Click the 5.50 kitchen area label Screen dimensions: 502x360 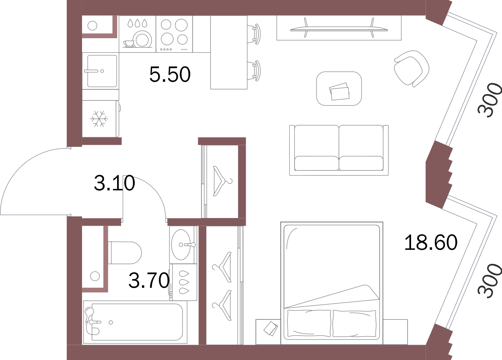click(170, 74)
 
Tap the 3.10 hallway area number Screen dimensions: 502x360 click(114, 183)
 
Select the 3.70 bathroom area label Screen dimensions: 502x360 click(149, 280)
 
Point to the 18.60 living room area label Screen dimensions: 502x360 click(431, 242)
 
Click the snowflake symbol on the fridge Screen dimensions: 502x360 click(99, 119)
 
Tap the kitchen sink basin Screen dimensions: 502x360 click(102, 71)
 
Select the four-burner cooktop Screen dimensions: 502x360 click(174, 34)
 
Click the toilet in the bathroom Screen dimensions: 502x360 click(125, 253)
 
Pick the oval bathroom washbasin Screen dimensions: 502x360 click(181, 245)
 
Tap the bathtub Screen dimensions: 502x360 click(135, 322)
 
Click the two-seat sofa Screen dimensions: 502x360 click(339, 150)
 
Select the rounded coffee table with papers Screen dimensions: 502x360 click(339, 88)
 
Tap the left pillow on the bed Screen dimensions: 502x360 click(309, 323)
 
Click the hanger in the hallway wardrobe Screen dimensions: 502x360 click(222, 181)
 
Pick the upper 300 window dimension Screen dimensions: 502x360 click(490, 100)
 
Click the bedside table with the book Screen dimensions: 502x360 click(268, 331)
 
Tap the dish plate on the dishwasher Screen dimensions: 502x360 click(142, 39)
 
